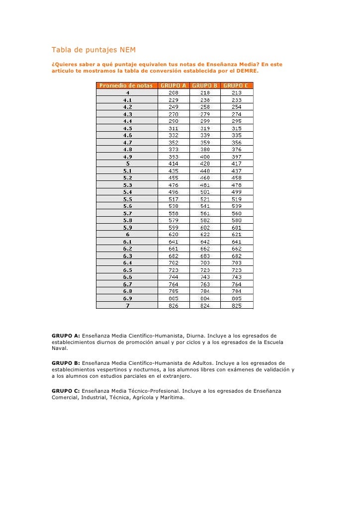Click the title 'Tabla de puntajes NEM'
93,50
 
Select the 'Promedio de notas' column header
127,85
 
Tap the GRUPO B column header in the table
205,85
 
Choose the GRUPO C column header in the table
237,85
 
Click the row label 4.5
127,128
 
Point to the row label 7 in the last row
127,306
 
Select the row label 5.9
127,228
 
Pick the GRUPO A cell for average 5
174,164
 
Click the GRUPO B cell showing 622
205,235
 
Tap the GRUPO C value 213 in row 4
237,92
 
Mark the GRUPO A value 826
174,306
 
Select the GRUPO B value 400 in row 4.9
205,157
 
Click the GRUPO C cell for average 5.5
237,199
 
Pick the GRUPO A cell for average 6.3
174,256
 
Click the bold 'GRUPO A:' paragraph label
66,336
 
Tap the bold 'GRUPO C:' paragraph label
66,391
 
